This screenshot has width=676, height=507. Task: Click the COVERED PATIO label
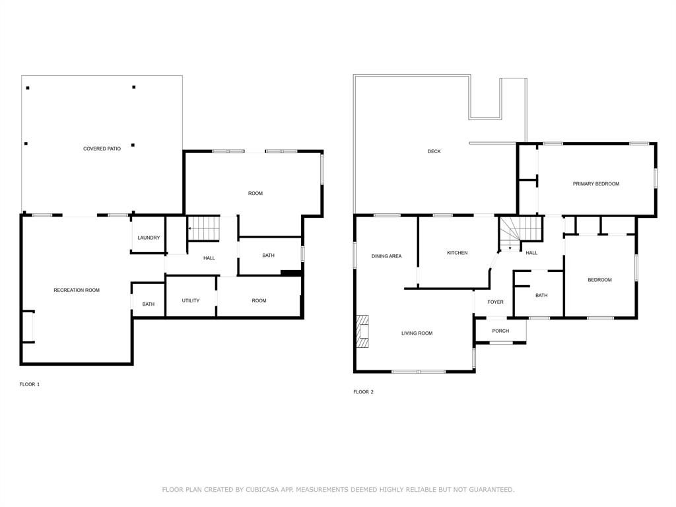102,149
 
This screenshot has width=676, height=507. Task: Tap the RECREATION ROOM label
77,290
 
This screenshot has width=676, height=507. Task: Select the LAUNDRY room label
149,238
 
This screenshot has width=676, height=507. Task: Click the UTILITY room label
191,300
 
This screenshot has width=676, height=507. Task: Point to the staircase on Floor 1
204,228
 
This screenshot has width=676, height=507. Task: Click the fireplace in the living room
362,331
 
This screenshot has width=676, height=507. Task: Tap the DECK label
434,151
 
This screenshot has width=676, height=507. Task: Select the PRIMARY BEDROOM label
595,184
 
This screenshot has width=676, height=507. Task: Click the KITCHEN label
457,253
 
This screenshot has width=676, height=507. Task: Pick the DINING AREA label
386,256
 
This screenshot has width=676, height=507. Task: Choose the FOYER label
495,302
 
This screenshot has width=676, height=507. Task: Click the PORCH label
500,331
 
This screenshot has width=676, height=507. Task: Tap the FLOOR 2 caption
363,391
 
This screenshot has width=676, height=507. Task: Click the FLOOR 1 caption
30,384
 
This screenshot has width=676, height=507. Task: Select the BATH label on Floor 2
541,295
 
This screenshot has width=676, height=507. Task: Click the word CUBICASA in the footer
264,489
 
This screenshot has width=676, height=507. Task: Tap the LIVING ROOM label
417,333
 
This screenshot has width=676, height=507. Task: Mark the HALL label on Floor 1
209,258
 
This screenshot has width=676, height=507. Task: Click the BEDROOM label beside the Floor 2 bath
599,280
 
